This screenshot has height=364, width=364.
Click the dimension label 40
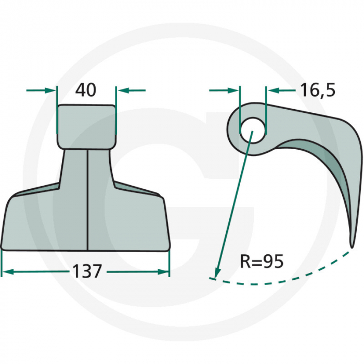(x=86, y=90)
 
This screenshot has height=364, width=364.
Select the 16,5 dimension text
(x=317, y=90)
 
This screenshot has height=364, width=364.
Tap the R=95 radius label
(x=262, y=261)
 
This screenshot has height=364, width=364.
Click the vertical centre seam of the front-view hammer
(x=87, y=198)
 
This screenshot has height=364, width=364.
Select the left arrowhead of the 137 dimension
(x=6, y=271)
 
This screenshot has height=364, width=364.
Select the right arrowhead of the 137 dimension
(x=165, y=271)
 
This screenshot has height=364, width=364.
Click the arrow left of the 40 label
(x=49, y=90)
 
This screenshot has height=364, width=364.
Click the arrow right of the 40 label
(x=123, y=90)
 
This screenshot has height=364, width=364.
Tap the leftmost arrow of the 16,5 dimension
(x=233, y=90)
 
